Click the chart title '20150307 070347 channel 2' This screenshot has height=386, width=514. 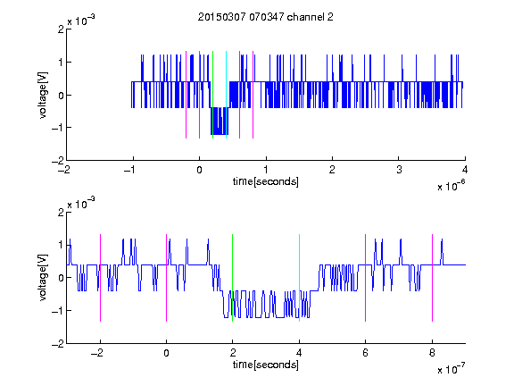[266, 17]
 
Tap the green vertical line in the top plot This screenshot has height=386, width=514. [212, 95]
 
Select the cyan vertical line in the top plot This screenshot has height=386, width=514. [226, 95]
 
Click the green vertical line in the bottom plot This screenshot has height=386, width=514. [232, 278]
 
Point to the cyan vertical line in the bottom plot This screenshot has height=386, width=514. [299, 278]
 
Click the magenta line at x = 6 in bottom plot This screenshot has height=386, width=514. [366, 278]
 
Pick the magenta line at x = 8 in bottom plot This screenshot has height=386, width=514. [433, 278]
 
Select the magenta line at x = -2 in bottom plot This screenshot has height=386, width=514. [100, 278]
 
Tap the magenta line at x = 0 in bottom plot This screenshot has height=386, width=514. [167, 278]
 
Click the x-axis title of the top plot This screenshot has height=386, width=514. [266, 181]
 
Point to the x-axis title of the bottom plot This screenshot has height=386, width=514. [266, 365]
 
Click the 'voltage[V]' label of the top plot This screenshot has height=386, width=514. [43, 96]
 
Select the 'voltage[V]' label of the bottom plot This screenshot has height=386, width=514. [43, 278]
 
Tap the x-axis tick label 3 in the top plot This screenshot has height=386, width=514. [399, 170]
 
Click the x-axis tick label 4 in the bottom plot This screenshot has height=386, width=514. [299, 353]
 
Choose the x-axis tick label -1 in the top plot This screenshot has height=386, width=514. [130, 170]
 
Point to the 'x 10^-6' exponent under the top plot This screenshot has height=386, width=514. [451, 186]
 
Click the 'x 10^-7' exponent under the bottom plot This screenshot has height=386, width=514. [451, 369]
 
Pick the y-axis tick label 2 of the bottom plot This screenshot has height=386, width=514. [61, 212]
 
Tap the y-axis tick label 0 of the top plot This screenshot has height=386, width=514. [61, 96]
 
